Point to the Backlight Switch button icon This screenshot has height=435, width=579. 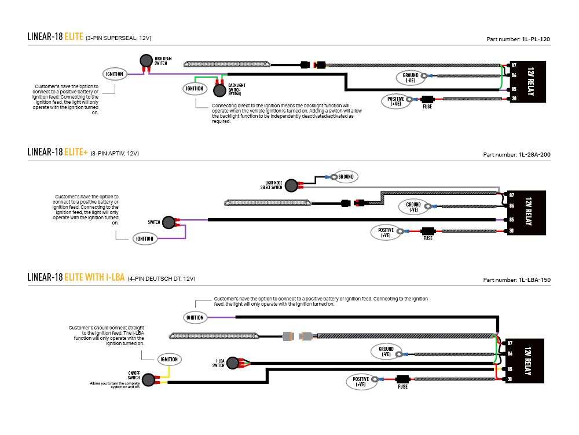coord(219,90)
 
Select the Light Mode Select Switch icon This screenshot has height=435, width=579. coord(293,186)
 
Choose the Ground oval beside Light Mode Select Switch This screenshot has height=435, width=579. coord(345,176)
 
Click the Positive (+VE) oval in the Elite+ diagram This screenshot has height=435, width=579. coord(385,233)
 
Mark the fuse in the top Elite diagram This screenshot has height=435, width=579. coord(427,99)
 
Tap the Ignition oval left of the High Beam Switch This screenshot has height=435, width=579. coord(114,74)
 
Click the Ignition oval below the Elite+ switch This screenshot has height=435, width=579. coord(144,238)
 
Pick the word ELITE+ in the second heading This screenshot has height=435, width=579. coord(75,153)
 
